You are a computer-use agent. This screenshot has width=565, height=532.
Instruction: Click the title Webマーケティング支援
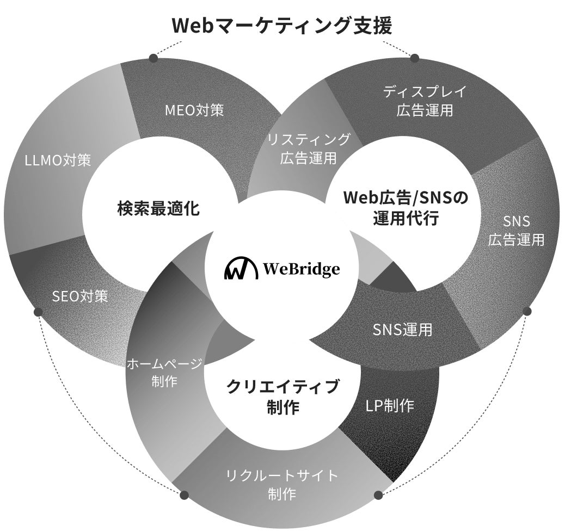pos(282,26)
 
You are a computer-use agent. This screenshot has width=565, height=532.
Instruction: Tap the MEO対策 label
pos(194,110)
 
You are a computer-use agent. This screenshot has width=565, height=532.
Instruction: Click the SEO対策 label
pos(80,296)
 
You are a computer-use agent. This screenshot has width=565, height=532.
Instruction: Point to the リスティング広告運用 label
pos(309,149)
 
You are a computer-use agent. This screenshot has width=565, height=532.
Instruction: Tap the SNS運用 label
pos(402,329)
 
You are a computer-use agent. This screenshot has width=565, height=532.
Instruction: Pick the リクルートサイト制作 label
pos(282,484)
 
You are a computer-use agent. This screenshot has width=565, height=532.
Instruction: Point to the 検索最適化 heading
pos(159,208)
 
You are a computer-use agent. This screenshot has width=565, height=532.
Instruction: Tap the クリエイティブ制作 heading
pos(282,396)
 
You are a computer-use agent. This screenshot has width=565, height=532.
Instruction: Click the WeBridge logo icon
pos(241,269)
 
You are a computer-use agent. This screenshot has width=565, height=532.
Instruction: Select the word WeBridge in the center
pos(301,269)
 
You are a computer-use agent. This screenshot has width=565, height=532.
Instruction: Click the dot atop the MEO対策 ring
pos(153,58)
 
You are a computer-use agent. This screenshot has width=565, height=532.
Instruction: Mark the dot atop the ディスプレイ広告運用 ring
pos(414,58)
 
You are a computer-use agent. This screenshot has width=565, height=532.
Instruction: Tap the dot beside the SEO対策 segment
pos(38,312)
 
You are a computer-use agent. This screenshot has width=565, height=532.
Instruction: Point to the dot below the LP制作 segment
pos(379,495)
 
